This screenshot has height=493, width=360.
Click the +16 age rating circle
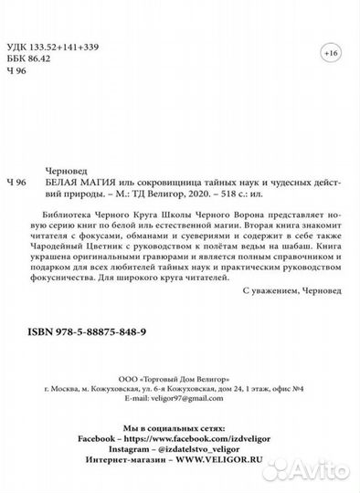330,54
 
